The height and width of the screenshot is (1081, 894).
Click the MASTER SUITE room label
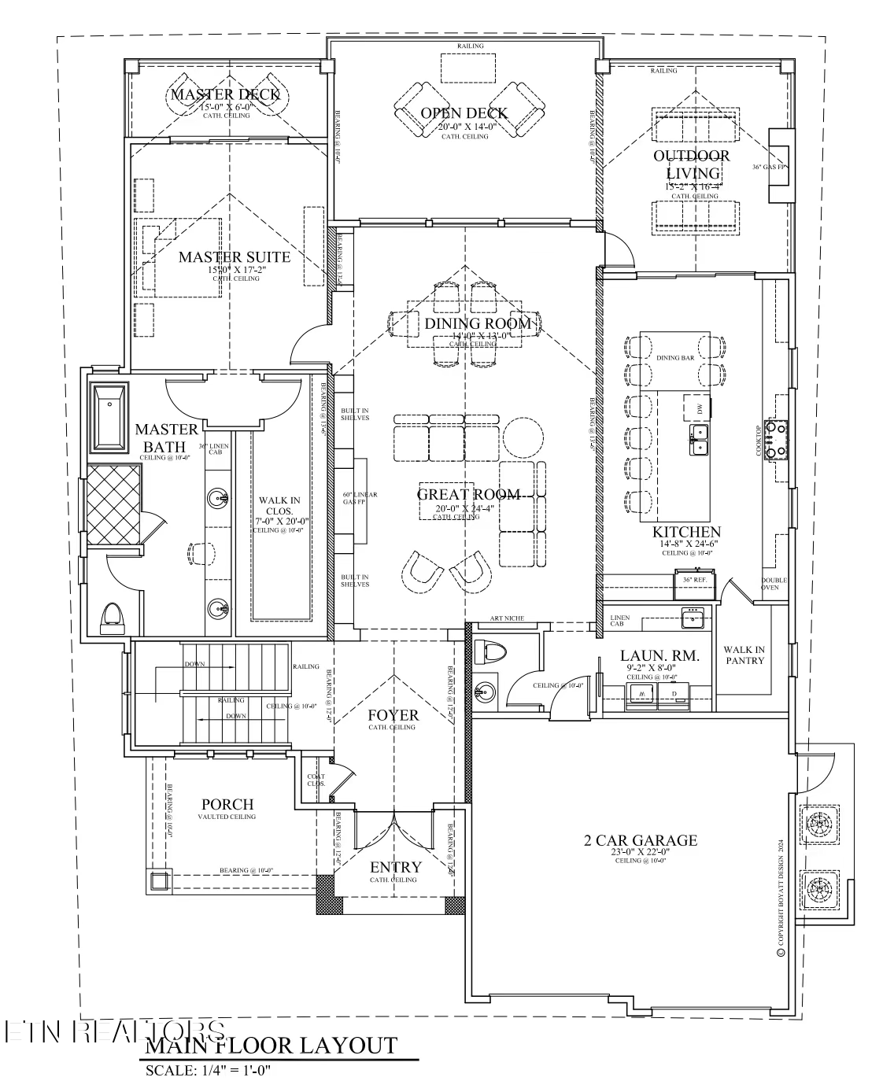234,257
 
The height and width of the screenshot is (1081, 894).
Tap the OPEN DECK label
464,113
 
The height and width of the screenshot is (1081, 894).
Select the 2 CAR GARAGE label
640,840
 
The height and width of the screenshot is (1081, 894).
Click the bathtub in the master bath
110,418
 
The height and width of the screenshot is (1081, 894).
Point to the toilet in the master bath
113,617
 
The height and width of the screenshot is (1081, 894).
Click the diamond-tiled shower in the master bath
113,504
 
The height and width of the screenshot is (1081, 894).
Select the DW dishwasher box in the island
698,408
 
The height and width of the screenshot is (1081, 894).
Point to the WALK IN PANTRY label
744,655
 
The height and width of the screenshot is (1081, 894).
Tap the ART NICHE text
507,618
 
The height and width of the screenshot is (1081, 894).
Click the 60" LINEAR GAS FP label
360,498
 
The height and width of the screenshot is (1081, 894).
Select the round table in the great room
523,437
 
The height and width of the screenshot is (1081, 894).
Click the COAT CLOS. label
316,780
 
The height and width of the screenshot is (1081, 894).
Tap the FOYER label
393,715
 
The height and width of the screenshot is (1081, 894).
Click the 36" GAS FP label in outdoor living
769,167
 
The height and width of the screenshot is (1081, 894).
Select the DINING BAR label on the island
675,358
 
